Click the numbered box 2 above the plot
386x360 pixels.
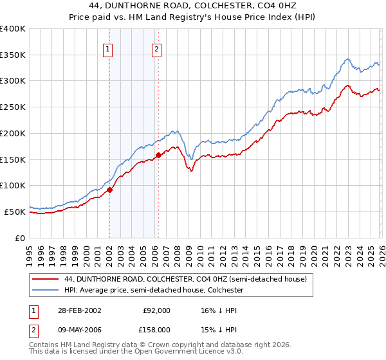(156, 48)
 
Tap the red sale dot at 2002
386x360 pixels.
(110, 190)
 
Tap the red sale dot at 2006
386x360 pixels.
(158, 154)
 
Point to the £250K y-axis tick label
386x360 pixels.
(13, 107)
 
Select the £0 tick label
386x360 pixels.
(21, 238)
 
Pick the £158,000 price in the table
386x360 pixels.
(156, 329)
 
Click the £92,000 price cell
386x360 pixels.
(156, 310)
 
